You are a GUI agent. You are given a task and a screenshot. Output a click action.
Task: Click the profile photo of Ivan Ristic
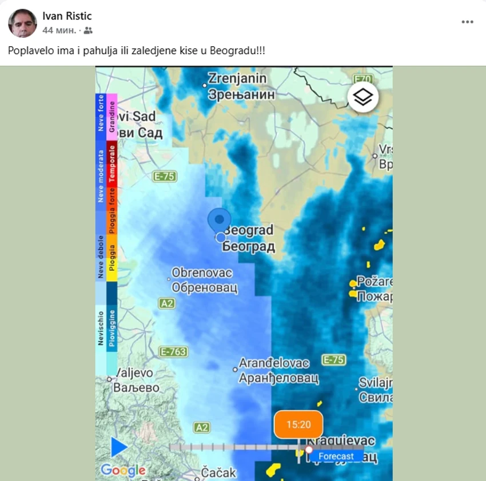(x=23, y=23)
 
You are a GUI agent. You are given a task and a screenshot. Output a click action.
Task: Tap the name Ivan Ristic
(x=67, y=16)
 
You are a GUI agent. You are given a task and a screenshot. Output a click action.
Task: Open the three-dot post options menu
(x=467, y=22)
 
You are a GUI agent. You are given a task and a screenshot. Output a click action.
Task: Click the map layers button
(x=362, y=98)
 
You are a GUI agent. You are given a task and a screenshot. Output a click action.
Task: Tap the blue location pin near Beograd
(x=220, y=221)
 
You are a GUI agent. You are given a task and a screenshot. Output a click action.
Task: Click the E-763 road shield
(x=173, y=352)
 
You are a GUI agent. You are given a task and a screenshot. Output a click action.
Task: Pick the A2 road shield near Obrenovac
(x=167, y=303)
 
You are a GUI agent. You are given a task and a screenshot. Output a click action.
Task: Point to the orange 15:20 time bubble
(x=298, y=424)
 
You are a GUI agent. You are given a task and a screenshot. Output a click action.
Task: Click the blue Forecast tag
(x=336, y=456)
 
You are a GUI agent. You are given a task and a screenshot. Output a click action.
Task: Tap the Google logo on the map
(x=123, y=471)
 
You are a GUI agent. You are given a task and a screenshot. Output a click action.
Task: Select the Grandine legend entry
(x=112, y=117)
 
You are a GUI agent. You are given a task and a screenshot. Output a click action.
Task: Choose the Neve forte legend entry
(x=101, y=113)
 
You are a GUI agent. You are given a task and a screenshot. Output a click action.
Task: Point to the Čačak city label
(x=218, y=472)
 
